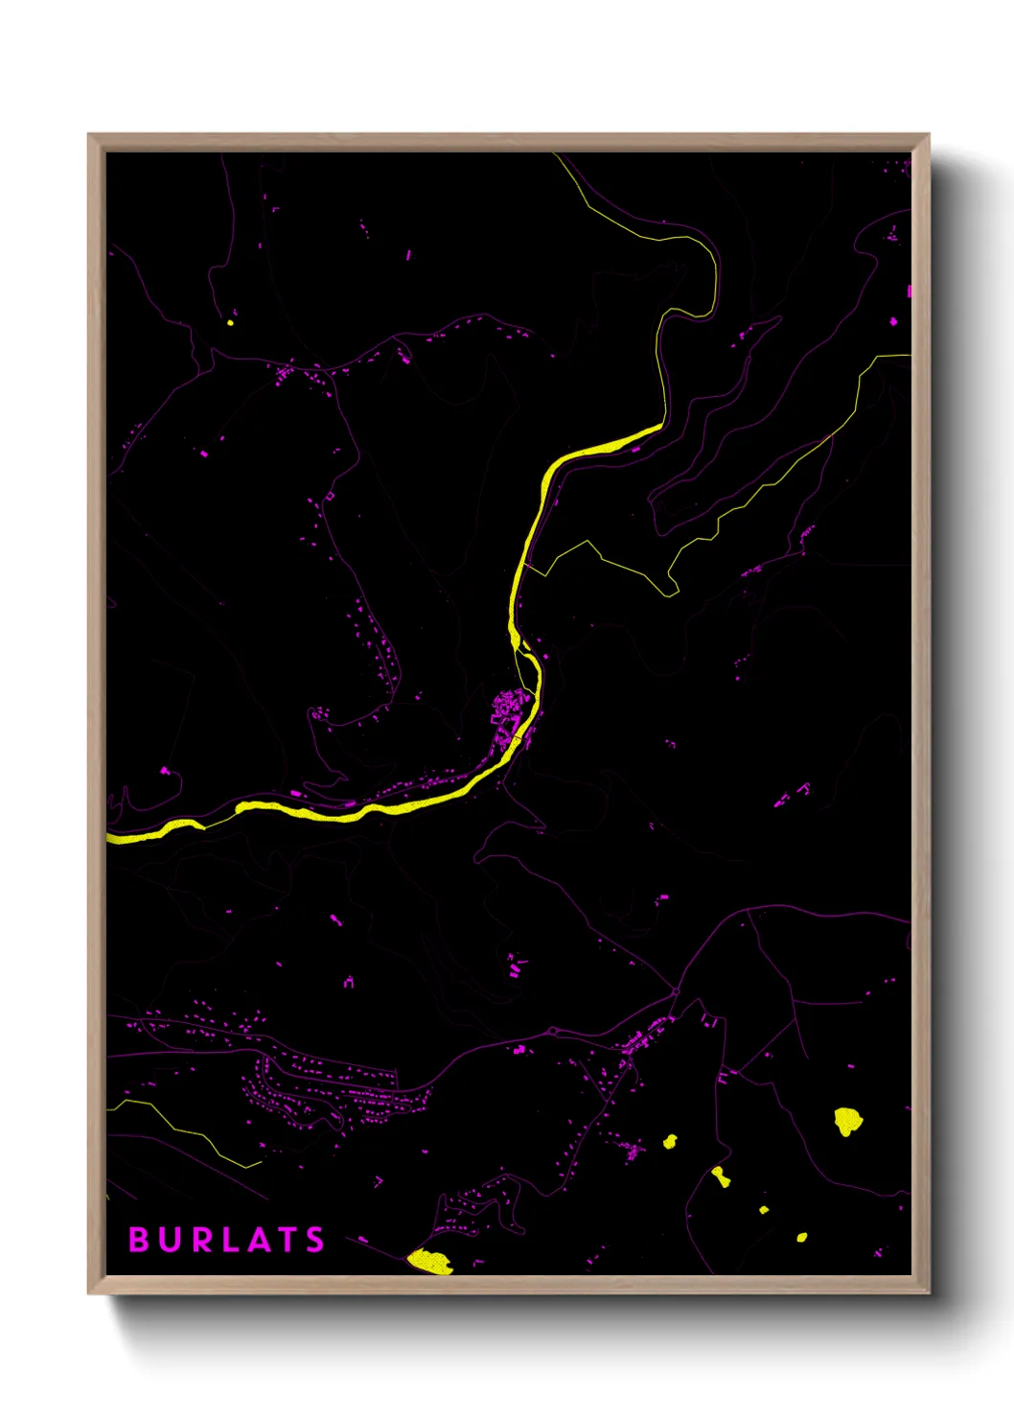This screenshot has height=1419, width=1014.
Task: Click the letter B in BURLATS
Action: pos(138,1240)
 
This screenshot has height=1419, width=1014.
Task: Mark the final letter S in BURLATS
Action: pos(315,1240)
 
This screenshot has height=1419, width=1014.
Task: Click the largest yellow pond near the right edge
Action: pos(846,1121)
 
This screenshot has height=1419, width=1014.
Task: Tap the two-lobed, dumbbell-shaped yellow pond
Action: pos(721,1176)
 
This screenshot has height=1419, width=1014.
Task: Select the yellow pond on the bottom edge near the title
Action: pos(428,1261)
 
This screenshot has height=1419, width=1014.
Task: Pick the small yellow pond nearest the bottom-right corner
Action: pos(802,1237)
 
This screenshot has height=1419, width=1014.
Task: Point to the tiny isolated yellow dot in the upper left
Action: pos(230,322)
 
